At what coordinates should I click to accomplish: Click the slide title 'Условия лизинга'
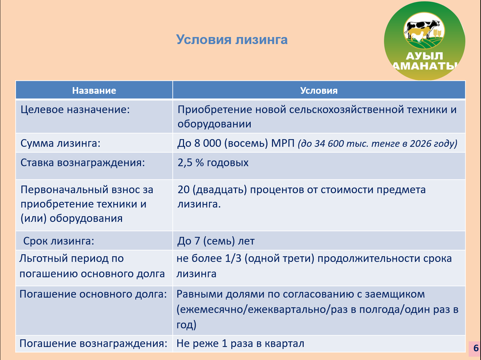(232, 40)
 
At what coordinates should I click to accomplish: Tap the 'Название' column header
(94, 90)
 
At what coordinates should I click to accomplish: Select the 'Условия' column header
(319, 90)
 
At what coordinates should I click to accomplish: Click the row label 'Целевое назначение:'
(75, 109)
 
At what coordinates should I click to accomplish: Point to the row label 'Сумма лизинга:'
(60, 143)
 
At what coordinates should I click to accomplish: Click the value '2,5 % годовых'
(213, 163)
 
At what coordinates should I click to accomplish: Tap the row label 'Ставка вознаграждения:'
(83, 163)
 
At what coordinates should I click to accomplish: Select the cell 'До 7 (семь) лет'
(216, 241)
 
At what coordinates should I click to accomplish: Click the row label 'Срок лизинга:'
(59, 241)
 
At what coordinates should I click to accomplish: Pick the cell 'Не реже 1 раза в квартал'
(240, 343)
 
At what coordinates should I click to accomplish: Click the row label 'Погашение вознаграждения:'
(93, 343)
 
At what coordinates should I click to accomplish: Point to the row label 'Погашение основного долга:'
(93, 294)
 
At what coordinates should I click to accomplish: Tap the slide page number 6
(476, 348)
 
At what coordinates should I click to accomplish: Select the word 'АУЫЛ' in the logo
(424, 56)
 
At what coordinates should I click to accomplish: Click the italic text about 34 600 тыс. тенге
(378, 143)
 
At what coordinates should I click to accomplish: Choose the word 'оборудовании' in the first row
(214, 124)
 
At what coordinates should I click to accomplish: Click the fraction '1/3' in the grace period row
(233, 259)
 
